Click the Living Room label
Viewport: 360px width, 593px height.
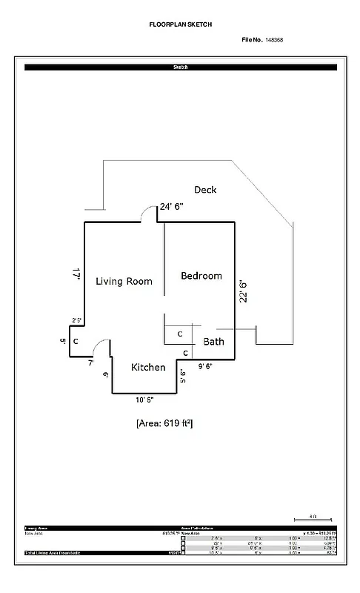[124, 281]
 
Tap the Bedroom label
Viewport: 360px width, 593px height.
[201, 276]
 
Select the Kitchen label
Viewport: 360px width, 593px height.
[148, 368]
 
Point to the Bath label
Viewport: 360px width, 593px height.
[214, 342]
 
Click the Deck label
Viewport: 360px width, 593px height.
[205, 190]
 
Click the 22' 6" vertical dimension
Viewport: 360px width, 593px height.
[243, 290]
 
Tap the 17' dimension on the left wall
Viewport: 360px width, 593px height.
[76, 273]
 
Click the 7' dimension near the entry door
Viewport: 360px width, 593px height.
[90, 363]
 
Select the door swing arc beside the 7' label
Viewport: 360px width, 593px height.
[104, 347]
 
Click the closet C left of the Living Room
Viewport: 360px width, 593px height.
[76, 342]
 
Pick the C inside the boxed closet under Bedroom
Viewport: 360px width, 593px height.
[179, 334]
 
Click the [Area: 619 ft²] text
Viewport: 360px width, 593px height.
[164, 423]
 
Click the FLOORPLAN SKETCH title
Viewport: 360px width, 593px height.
[180, 24]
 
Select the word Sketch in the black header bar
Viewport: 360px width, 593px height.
[180, 67]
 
